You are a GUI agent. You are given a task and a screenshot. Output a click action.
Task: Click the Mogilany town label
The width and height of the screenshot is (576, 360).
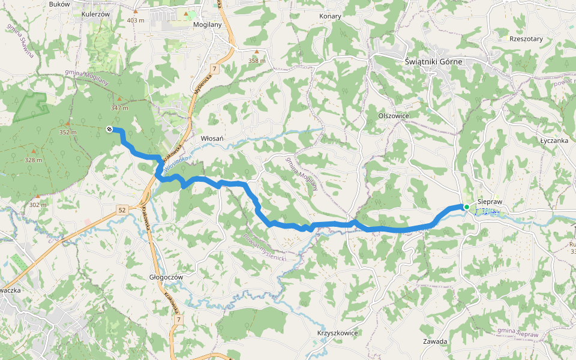pos(208,25)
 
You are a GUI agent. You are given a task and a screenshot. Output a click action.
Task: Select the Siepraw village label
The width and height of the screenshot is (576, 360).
pos(490,203)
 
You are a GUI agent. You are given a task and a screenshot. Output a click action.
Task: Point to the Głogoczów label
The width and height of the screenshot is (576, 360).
pos(166,277)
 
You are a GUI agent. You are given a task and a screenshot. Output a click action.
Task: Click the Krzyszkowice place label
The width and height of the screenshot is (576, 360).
pos(337,333)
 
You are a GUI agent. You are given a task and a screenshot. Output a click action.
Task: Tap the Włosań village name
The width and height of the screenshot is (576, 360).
pos(212,139)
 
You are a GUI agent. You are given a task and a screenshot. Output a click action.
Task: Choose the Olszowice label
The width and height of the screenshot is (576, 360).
pos(394,116)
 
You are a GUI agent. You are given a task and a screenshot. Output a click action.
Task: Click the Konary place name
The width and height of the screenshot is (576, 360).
pos(330,16)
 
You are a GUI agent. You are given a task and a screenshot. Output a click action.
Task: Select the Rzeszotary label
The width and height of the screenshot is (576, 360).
pos(526,39)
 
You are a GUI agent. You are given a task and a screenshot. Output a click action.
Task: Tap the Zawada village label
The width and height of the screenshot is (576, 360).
pos(435,341)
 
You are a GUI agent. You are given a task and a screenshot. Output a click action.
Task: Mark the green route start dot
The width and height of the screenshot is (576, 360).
pos(466,206)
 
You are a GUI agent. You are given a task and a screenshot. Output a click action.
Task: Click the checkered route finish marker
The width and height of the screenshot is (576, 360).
pos(109,129)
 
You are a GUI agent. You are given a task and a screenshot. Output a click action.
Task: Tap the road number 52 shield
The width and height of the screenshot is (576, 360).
pos(122,209)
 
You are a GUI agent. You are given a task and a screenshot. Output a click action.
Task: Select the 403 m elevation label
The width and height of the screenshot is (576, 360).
pos(136,20)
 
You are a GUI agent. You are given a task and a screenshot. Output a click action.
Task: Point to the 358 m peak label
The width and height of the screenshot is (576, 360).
pos(257,61)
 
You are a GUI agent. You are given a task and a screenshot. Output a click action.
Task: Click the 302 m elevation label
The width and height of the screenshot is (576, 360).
pos(37,205)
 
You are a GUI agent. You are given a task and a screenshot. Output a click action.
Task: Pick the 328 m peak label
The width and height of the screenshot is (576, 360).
pos(33,160)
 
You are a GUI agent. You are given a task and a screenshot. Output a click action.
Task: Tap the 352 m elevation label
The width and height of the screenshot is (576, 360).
pos(68,133)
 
